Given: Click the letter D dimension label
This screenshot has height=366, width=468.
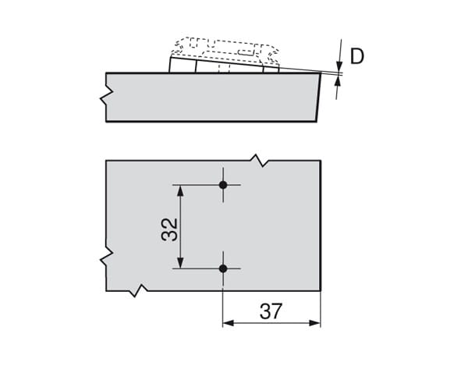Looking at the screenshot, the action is (357, 56).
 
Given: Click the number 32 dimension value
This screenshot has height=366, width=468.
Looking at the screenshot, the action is (169, 229).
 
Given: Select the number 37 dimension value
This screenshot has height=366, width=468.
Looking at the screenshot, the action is (271, 311).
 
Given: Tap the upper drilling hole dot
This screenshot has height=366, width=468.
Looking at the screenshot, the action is (223, 185).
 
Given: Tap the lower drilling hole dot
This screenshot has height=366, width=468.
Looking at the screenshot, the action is (223, 268).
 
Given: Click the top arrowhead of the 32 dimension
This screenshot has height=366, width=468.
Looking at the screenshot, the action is (180, 190).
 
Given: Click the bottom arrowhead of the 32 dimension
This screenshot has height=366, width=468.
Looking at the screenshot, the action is (180, 263).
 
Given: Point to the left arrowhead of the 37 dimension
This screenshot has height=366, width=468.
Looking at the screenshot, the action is (229, 323).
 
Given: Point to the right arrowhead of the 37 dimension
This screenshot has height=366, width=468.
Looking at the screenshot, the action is (315, 323).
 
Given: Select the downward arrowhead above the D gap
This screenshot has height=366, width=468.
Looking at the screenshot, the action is (339, 66).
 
